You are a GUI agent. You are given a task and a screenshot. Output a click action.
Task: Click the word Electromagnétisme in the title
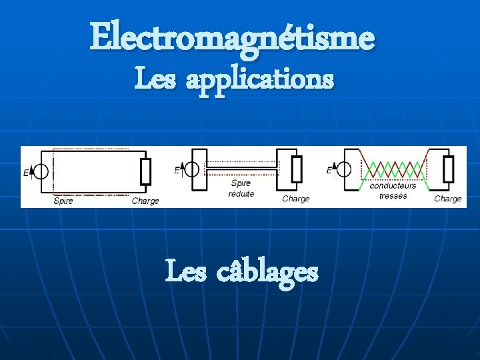click(x=233, y=37)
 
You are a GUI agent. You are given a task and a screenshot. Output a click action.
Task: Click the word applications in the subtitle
click(x=259, y=80)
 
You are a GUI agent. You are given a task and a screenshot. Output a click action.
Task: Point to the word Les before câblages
click(x=185, y=272)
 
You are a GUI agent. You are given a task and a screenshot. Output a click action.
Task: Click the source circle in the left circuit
click(x=41, y=172)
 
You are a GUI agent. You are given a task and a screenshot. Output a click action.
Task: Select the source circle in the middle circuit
click(x=192, y=169)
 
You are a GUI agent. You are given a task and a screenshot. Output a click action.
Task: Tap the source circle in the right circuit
click(x=345, y=169)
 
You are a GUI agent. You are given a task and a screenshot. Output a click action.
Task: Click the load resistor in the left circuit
click(x=145, y=172)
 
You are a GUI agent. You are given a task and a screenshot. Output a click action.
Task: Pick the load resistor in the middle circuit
click(x=297, y=169)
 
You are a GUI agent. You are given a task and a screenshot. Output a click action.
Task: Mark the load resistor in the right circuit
click(x=449, y=169)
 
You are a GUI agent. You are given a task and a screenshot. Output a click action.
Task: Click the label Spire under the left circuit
click(x=63, y=200)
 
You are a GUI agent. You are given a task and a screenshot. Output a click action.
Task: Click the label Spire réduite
click(x=241, y=188)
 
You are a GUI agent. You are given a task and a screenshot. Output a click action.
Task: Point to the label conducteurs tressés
click(x=393, y=191)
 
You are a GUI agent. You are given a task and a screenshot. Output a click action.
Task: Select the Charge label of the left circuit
click(x=145, y=201)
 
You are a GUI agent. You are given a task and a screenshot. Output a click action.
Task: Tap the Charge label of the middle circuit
click(x=296, y=199)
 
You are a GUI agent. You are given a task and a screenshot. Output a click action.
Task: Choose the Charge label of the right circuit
click(x=447, y=199)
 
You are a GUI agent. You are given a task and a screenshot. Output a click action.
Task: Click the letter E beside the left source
click(x=25, y=173)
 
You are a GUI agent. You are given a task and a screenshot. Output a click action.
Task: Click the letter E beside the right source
click(x=329, y=171)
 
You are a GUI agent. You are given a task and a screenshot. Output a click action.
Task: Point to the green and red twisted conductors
click(x=393, y=169)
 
